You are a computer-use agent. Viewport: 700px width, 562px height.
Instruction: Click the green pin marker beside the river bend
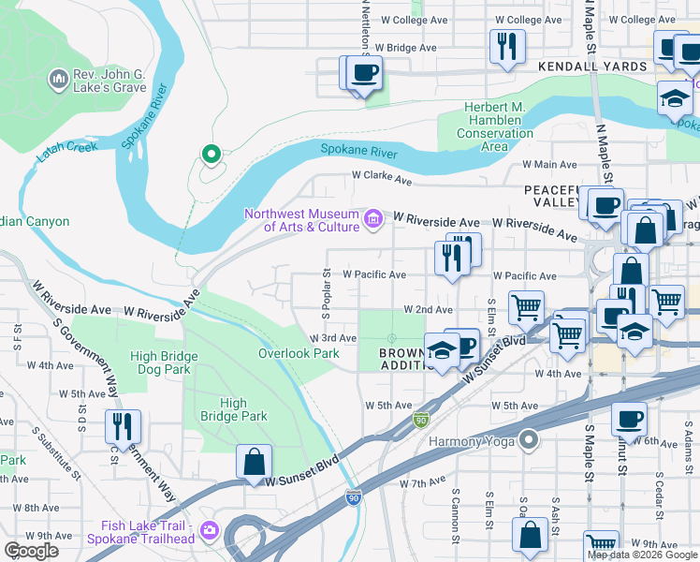coord(211,154)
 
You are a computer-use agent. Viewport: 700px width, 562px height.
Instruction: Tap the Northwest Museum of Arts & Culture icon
coord(373,220)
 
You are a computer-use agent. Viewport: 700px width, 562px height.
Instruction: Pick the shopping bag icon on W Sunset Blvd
coord(254,462)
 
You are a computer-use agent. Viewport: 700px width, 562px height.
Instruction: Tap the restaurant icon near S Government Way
coord(123,427)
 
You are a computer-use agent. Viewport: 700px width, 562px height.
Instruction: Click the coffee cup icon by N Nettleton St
coord(364,73)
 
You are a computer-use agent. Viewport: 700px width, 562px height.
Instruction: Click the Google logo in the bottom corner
coord(31,550)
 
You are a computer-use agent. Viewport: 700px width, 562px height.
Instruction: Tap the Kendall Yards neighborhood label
coord(591,67)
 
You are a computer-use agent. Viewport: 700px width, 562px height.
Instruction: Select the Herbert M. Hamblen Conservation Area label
coord(494,126)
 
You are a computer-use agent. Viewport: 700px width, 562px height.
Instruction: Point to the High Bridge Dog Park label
coord(164,363)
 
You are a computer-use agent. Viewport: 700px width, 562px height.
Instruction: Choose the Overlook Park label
coord(299,353)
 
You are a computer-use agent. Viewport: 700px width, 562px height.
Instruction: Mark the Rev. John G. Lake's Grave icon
coord(58,80)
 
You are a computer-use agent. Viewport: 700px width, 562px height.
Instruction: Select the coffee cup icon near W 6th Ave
coord(630,419)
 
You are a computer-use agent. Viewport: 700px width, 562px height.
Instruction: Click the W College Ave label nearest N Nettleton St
coord(419,20)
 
